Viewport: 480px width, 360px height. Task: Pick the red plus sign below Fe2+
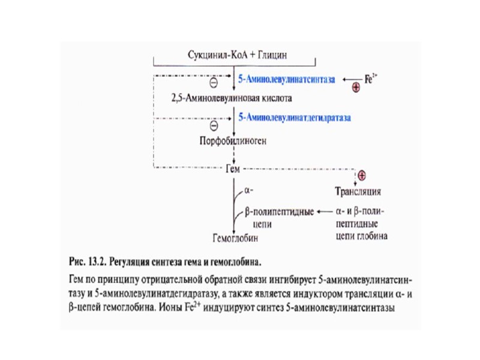pos(356,89)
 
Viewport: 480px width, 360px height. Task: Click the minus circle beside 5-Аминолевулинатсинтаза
pos(213,84)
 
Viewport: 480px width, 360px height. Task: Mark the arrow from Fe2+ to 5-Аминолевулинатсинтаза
pos(351,79)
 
